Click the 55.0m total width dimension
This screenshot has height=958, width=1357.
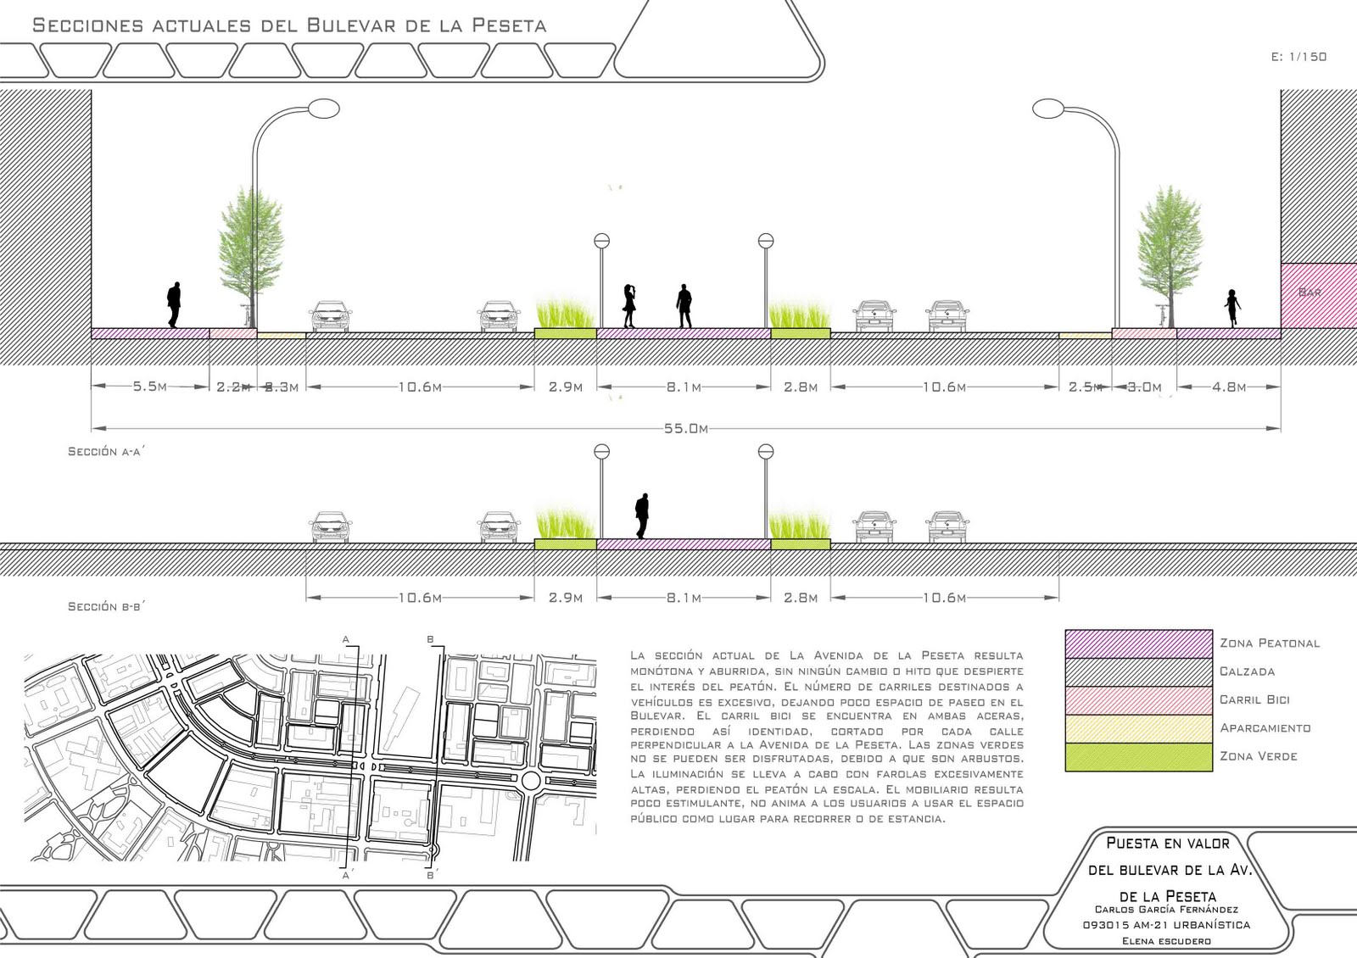point(686,429)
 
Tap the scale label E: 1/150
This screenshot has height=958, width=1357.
point(1298,57)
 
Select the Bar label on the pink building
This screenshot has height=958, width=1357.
point(1310,292)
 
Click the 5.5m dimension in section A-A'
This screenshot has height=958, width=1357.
point(149,387)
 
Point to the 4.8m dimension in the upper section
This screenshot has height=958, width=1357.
point(1228,387)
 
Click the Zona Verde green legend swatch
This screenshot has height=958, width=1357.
point(1138,756)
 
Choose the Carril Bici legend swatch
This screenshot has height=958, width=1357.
point(1138,699)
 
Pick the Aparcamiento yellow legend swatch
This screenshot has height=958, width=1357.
point(1138,728)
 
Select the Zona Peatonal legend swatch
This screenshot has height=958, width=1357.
point(1138,643)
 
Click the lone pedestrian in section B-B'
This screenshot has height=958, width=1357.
point(642,515)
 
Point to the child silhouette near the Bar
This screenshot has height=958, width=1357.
point(1231,308)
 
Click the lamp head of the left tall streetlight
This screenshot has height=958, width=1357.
point(323,109)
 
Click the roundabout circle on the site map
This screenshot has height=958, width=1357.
point(531,780)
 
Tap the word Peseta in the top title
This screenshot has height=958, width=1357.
point(507,25)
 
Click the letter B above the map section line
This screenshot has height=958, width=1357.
point(430,638)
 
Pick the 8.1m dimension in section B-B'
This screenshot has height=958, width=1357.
point(683,598)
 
